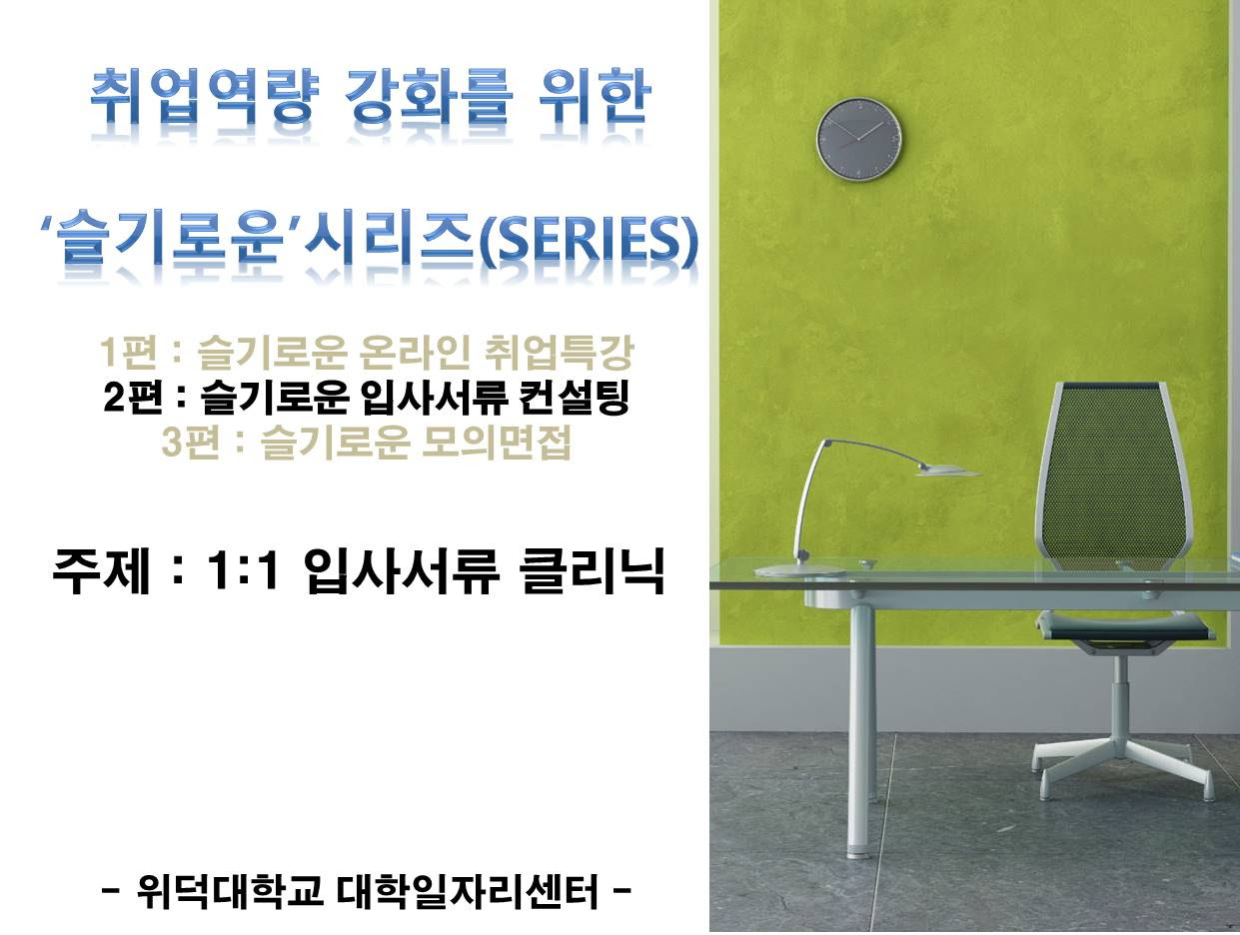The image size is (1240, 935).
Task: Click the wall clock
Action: [x=858, y=140]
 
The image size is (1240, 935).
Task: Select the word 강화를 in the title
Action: [x=428, y=97]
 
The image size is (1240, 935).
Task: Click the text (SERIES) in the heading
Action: [x=589, y=240]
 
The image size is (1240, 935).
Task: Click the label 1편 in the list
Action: [x=128, y=352]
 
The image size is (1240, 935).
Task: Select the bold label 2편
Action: [x=133, y=398]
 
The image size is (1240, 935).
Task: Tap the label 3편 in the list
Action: [x=191, y=442]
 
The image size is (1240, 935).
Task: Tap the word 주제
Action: [x=102, y=570]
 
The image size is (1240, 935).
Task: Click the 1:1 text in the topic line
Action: [x=244, y=570]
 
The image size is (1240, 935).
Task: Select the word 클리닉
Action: [x=594, y=570]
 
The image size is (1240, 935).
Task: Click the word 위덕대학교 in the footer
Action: [x=230, y=891]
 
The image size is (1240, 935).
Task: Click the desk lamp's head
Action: [x=947, y=469]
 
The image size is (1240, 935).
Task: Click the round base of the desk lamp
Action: [x=798, y=570]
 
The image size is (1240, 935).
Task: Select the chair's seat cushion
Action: [x=1124, y=626]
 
